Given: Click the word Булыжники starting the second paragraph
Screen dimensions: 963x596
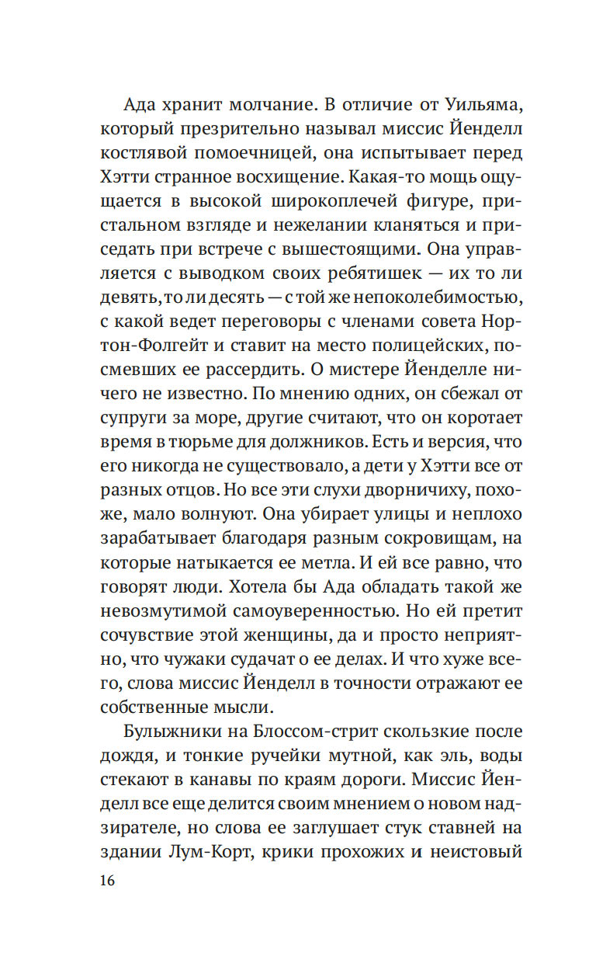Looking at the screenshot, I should pos(170,732).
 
